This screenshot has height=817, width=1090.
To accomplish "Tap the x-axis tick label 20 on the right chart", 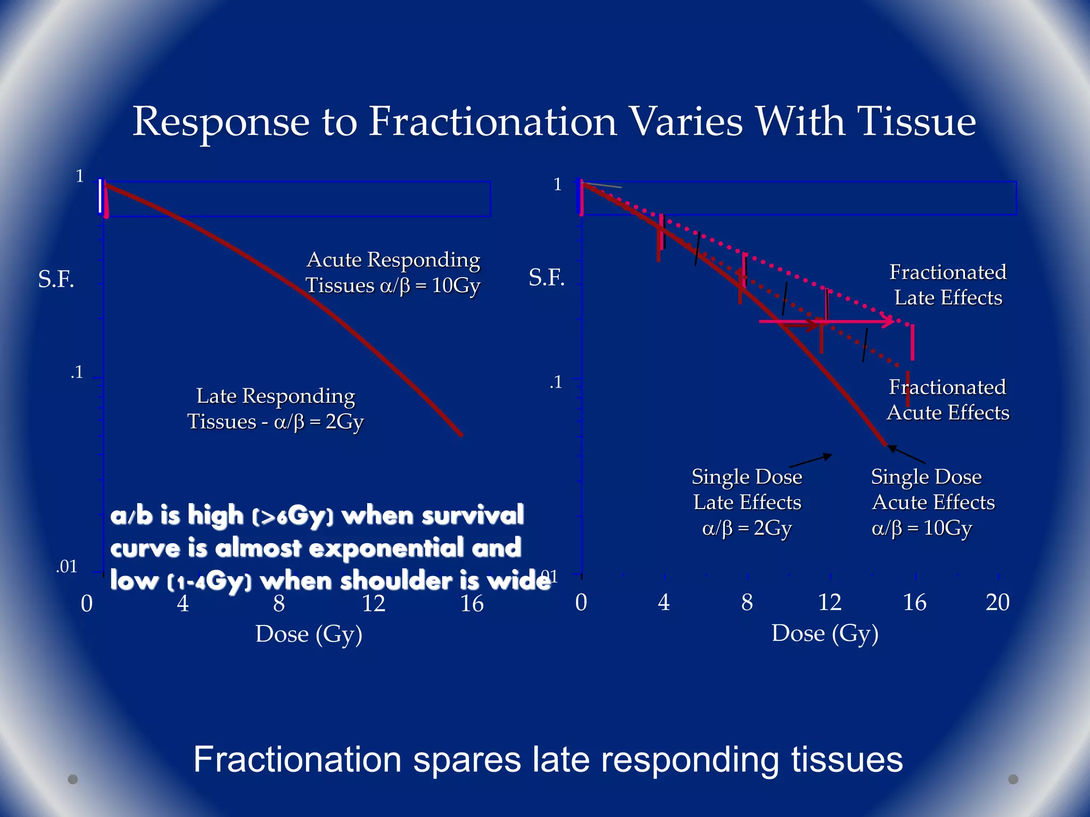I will [x=997, y=603].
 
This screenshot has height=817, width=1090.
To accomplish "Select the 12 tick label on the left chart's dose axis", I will [x=374, y=604].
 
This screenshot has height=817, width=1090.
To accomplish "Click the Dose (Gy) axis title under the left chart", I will [x=309, y=634].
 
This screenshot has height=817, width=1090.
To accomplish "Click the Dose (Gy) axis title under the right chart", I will [x=825, y=633].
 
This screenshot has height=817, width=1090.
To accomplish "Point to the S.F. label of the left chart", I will [x=56, y=279].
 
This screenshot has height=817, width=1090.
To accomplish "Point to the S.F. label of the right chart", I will [x=547, y=278].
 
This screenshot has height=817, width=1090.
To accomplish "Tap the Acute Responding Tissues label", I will [x=393, y=272].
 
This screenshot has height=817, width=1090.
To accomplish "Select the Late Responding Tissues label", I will [x=276, y=408].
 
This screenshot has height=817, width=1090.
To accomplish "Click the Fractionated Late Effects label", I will [x=948, y=285].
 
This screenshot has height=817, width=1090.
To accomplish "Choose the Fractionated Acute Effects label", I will [x=948, y=400].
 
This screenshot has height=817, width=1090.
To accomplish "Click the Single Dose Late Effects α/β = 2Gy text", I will [x=747, y=502].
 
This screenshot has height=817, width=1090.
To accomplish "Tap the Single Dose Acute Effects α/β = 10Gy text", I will [x=932, y=502].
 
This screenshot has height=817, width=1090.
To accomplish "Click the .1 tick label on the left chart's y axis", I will [x=77, y=372].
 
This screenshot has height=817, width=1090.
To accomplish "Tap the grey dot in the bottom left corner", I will [x=73, y=779].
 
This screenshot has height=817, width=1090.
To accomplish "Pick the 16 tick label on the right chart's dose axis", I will [x=914, y=603].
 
